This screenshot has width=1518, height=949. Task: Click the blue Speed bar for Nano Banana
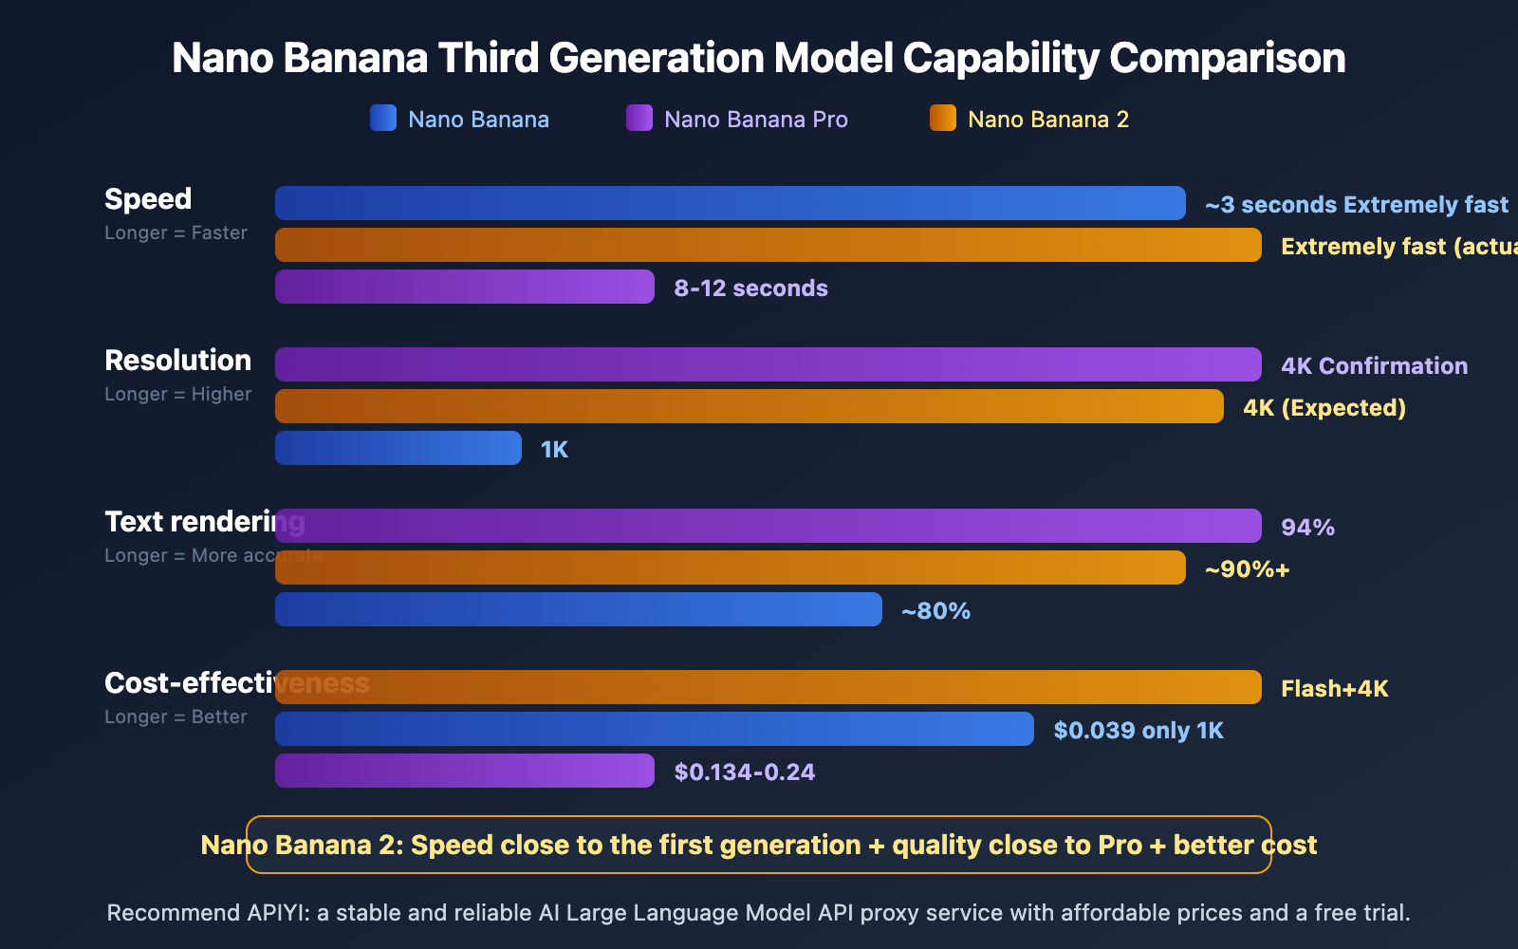tap(731, 203)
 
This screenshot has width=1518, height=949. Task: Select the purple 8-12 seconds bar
tap(465, 287)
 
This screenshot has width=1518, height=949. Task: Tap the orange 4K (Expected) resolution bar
tap(750, 406)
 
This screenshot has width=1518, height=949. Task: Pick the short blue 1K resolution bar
tap(398, 448)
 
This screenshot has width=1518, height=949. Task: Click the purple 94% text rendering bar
tap(768, 526)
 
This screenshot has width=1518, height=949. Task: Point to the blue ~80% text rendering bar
tap(579, 609)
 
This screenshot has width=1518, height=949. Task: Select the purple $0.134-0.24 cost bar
tap(465, 771)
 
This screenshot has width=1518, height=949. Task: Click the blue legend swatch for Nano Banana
tap(383, 118)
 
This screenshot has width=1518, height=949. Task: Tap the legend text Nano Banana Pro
tap(755, 120)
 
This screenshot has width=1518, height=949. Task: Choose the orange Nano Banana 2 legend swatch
tap(943, 118)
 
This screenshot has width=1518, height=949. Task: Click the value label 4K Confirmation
tap(1374, 366)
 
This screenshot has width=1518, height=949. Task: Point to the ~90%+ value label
tap(1247, 569)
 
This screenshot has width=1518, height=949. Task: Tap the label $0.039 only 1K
tap(1138, 731)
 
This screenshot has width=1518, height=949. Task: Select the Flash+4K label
tap(1334, 689)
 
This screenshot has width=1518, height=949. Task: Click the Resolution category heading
tap(177, 361)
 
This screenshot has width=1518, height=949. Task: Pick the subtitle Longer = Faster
tap(176, 233)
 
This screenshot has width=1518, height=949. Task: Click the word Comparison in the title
tap(1227, 59)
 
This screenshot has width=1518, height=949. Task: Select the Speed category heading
tap(148, 199)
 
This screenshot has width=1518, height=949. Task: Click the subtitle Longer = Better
tap(176, 717)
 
